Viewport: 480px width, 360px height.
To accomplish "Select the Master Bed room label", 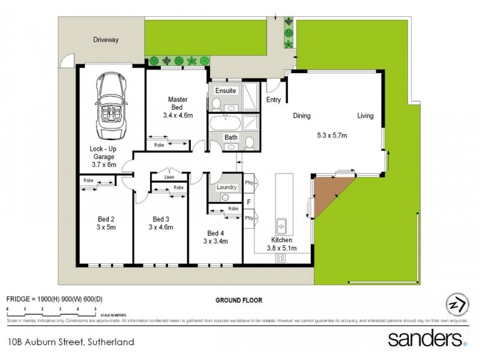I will pos(178,99).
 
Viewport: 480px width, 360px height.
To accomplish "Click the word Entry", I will pos(274,100).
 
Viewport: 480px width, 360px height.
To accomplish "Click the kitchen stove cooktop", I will pos(280,258).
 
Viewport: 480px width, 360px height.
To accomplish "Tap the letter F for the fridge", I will pos(249,203).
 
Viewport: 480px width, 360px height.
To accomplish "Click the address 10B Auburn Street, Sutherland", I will pos(70,343).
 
